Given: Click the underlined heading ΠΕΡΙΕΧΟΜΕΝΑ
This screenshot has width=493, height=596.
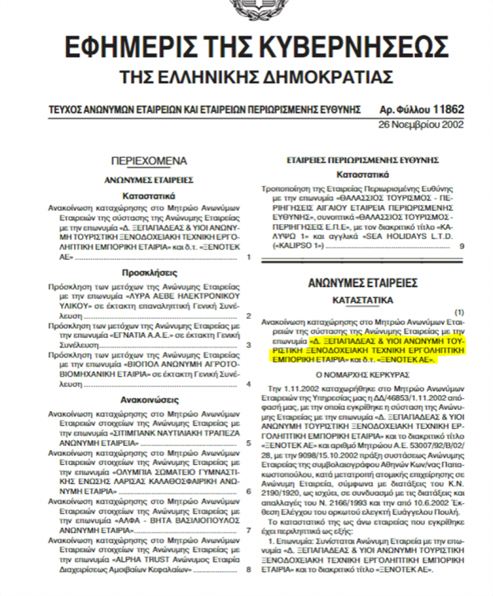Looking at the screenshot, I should click(x=149, y=159).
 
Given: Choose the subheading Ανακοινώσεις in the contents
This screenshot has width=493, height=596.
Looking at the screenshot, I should click(x=149, y=400).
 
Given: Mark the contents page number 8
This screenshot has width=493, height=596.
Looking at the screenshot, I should click(x=248, y=569).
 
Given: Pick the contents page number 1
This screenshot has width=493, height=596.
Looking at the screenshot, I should click(x=248, y=257).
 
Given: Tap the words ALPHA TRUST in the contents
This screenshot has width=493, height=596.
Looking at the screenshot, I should click(x=131, y=559).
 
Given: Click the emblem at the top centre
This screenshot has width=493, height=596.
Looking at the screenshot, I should click(x=253, y=8).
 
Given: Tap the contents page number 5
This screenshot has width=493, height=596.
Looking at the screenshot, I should click(x=248, y=443).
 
